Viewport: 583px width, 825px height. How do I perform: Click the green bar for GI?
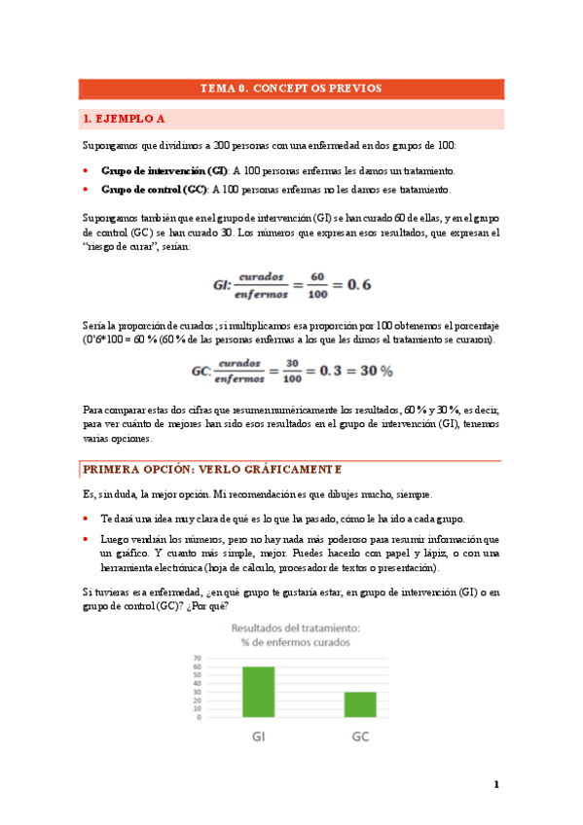click(x=259, y=692)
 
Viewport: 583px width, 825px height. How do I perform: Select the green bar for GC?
click(x=361, y=704)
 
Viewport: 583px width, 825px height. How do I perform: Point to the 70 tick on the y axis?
click(x=199, y=659)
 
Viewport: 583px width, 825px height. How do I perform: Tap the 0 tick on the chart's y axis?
click(x=200, y=718)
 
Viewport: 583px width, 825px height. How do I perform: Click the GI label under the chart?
click(x=260, y=736)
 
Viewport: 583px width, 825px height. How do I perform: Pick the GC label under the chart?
click(x=361, y=736)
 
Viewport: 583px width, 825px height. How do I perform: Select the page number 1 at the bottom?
click(x=495, y=785)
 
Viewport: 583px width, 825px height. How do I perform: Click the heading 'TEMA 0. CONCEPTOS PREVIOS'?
click(x=290, y=89)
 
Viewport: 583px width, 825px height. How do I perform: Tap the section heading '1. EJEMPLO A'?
click(x=124, y=120)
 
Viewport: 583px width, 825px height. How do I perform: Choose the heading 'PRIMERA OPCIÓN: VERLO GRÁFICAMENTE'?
click(x=212, y=469)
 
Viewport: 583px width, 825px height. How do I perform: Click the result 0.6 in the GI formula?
click(x=360, y=285)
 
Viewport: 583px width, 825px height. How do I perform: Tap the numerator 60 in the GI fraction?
click(x=316, y=277)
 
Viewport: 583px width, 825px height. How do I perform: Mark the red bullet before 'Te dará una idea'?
click(x=86, y=519)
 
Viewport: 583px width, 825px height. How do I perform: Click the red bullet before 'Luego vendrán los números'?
click(x=86, y=538)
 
